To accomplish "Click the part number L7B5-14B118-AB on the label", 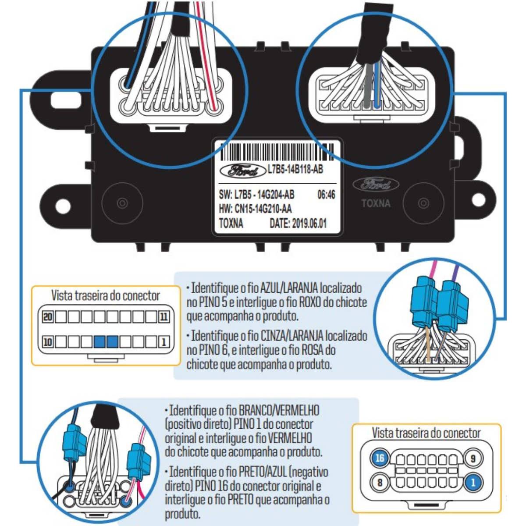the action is [295, 169].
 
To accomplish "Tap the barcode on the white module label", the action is [277, 152].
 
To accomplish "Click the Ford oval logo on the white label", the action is [243, 171].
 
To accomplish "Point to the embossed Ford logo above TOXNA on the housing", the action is [376, 185].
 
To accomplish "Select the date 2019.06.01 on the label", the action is [309, 223].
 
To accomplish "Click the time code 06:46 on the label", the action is [326, 195].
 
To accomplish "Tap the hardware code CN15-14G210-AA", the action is [263, 209].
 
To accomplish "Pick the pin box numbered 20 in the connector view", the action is [48, 317].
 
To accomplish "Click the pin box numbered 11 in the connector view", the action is [164, 317].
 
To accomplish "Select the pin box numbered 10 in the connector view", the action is [48, 342].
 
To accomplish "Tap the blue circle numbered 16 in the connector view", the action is [380, 458].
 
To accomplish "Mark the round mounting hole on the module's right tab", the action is [478, 200].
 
